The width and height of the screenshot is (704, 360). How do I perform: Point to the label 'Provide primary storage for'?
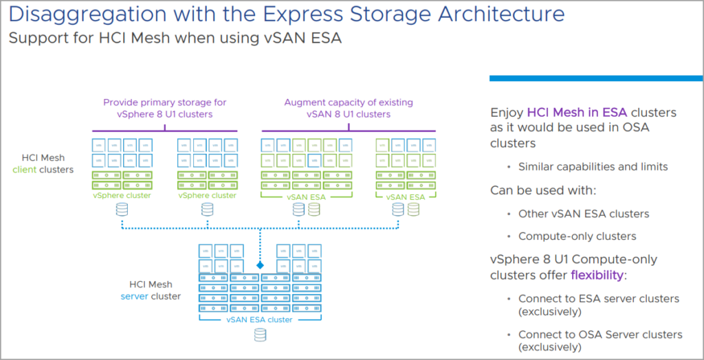(165, 102)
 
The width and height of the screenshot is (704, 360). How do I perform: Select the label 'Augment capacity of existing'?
(349, 102)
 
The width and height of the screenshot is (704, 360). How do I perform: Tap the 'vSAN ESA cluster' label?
(259, 319)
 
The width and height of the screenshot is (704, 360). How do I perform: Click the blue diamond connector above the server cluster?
(260, 265)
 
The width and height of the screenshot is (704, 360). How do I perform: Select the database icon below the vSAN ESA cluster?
(260, 335)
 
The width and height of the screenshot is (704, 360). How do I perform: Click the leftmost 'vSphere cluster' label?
(122, 196)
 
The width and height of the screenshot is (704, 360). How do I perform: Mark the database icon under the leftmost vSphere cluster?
(122, 210)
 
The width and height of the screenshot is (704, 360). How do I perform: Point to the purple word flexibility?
(597, 275)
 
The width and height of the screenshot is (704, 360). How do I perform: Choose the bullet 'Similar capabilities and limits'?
(593, 166)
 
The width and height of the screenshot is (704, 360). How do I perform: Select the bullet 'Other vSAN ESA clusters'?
(584, 213)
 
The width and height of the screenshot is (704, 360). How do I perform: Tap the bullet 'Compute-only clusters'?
(577, 236)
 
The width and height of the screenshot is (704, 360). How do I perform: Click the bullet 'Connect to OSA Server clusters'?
(600, 334)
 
